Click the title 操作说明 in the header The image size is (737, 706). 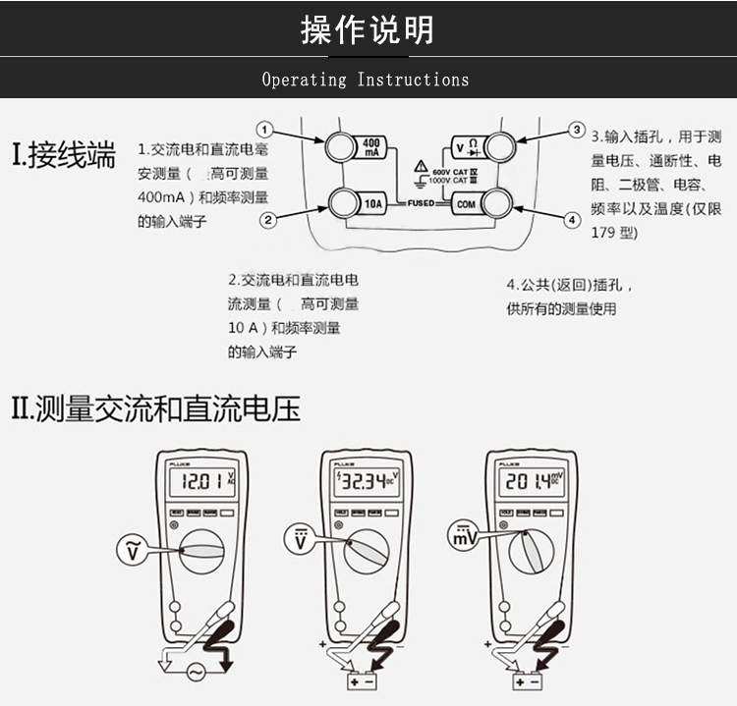pyautogui.click(x=368, y=29)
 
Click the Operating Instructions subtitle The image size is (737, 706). pyautogui.click(x=366, y=80)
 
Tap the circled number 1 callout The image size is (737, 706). pyautogui.click(x=264, y=130)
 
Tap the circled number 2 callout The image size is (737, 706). pyautogui.click(x=267, y=220)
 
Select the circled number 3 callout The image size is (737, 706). pyautogui.click(x=577, y=130)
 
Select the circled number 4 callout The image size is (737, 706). pyautogui.click(x=572, y=220)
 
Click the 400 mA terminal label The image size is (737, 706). pyautogui.click(x=371, y=147)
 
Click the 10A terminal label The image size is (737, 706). pyautogui.click(x=372, y=204)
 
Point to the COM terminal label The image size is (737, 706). pyautogui.click(x=465, y=204)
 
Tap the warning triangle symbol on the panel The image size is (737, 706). pyautogui.click(x=421, y=166)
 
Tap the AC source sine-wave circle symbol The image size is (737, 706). pyautogui.click(x=194, y=673)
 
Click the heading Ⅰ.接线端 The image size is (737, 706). pyautogui.click(x=63, y=156)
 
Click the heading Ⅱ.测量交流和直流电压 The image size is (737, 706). pyautogui.click(x=155, y=407)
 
